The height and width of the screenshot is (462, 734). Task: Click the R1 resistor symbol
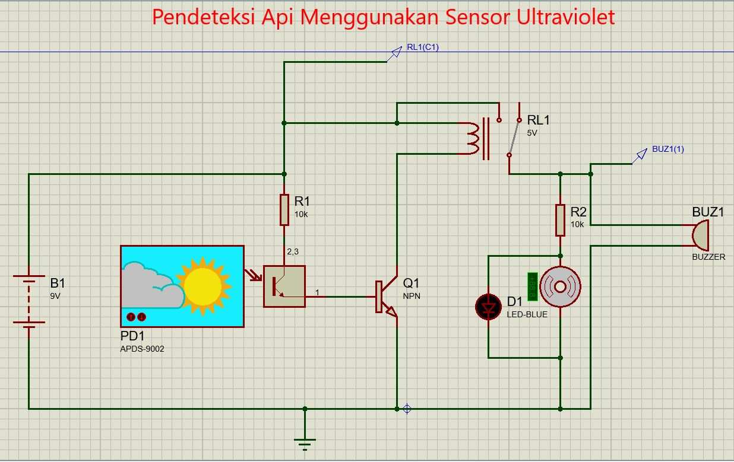point(284,210)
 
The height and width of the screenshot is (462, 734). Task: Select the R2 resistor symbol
point(560,219)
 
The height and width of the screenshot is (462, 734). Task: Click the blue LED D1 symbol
point(488,307)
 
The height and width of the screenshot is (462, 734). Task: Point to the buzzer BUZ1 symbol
point(701,235)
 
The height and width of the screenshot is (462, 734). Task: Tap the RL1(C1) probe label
point(422,47)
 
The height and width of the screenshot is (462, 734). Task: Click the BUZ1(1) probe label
point(667,149)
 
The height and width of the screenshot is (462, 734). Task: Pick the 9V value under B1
point(55,295)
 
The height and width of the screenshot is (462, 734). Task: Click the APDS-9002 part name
point(142,349)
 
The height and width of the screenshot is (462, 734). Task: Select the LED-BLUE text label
point(527,314)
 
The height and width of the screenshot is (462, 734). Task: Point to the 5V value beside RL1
point(532,133)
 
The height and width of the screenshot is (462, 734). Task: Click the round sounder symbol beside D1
point(560,287)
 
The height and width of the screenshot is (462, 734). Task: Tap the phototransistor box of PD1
point(284,286)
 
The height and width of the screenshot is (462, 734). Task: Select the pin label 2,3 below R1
point(293,251)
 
